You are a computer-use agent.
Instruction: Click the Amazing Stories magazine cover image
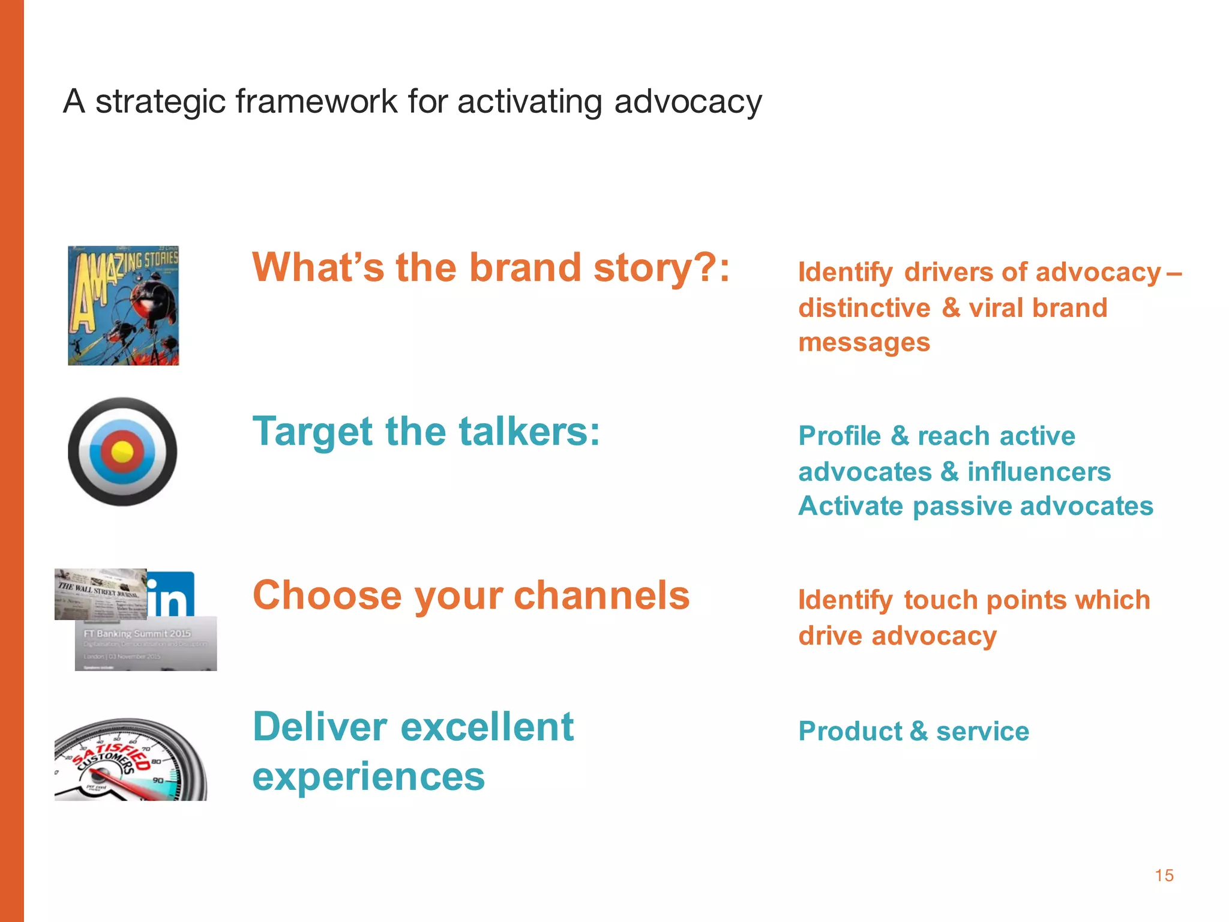click(123, 305)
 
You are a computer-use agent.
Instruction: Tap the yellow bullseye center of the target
click(122, 451)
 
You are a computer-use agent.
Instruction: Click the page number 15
click(1164, 875)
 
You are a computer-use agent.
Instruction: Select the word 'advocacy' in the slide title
click(688, 102)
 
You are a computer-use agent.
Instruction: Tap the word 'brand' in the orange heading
click(524, 267)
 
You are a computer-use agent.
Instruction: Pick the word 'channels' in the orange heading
click(601, 595)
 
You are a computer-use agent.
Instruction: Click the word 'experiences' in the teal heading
click(368, 776)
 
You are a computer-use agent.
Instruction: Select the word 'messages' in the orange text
click(864, 343)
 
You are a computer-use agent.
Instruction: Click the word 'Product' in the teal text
click(850, 732)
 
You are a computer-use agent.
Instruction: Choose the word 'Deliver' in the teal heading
click(320, 727)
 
